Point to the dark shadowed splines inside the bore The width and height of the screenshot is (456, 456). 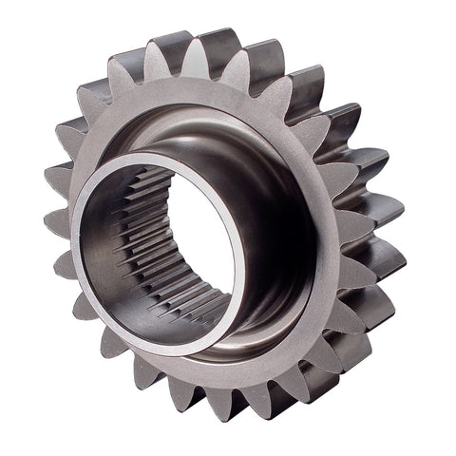pos(128,237)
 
